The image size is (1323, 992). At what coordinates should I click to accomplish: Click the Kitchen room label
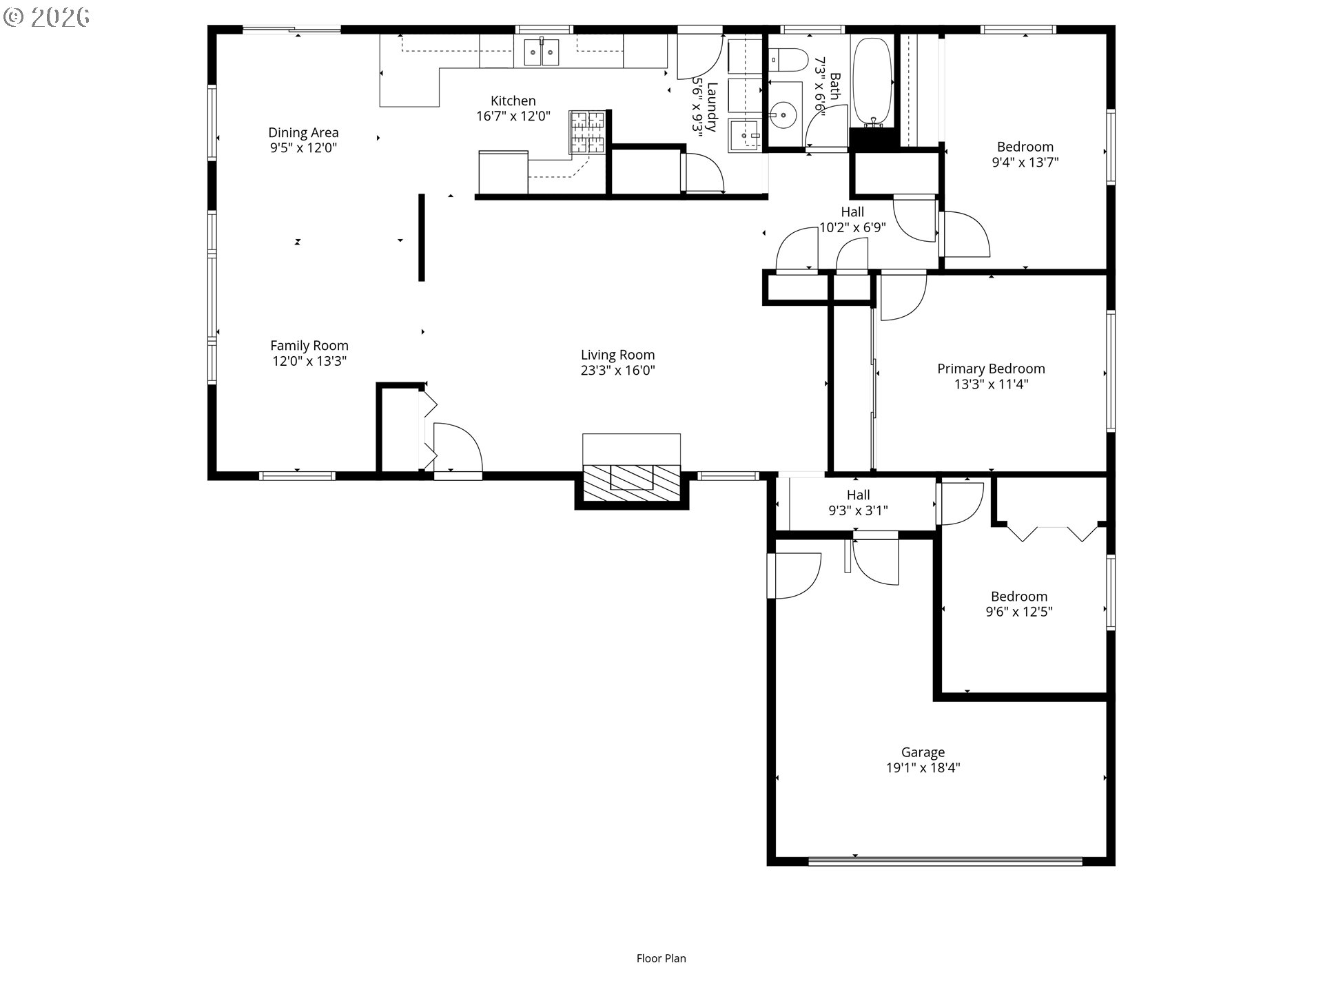[x=513, y=101]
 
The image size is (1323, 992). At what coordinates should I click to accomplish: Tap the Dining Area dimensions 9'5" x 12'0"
[x=303, y=147]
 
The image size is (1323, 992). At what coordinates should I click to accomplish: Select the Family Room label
[x=309, y=345]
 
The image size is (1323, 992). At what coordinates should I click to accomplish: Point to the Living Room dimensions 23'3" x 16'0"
[x=617, y=370]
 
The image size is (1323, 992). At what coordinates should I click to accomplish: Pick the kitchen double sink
[x=542, y=52]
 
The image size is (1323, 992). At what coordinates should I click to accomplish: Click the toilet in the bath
[x=788, y=60]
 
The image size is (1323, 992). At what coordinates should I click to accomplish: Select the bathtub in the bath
[x=873, y=81]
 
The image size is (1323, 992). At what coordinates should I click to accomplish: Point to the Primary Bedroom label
[x=991, y=369]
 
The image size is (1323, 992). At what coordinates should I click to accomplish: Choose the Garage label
[x=923, y=752]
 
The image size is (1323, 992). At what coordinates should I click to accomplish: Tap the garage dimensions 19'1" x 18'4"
[x=923, y=767]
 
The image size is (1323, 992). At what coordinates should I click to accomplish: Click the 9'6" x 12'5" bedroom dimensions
[x=1019, y=612]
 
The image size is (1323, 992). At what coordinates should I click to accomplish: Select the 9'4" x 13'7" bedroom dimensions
[x=1025, y=162]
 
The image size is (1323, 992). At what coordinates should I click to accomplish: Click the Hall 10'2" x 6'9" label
[x=852, y=220]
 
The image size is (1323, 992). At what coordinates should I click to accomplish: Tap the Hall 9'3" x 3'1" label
[x=858, y=503]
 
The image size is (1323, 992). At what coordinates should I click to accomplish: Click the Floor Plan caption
[x=661, y=958]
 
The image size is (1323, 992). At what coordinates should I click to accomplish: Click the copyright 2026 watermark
[x=47, y=17]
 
